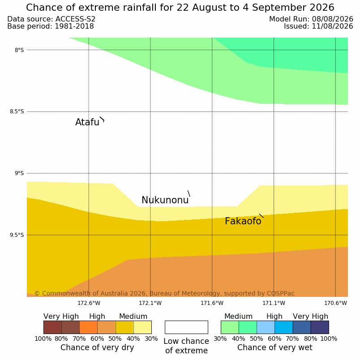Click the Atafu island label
point(87,122)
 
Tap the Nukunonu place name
point(165,200)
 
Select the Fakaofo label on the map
point(243,221)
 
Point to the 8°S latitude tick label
point(19,50)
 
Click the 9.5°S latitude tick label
point(17,235)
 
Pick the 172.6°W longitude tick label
point(89,303)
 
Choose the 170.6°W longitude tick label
point(335,303)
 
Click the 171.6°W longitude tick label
point(212,303)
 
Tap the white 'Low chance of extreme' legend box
point(186,327)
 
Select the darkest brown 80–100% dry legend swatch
point(52,327)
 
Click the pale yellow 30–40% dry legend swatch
point(142,327)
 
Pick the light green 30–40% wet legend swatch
point(230,327)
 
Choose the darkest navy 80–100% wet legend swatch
point(320,327)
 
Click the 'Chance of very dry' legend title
point(97,347)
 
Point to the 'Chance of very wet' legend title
point(275,347)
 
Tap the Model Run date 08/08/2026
point(332,19)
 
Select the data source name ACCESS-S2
point(75,19)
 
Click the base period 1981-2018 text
point(74,26)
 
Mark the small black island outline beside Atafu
point(102,119)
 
